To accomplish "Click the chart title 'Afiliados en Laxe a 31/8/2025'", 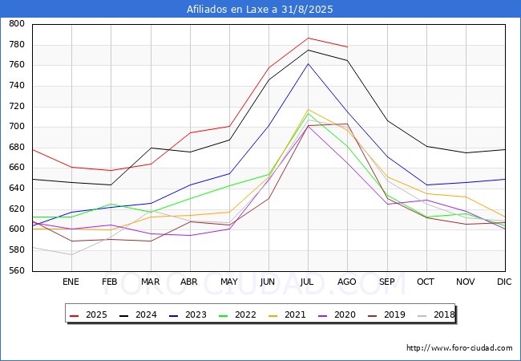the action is coord(260,9).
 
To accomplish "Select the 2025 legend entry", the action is coord(88,314).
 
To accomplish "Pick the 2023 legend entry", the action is coord(188,314).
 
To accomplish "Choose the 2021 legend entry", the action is coord(287,314).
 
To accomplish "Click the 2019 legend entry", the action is coord(386,314).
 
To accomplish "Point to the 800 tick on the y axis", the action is coord(17,23).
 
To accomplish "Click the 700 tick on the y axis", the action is coord(17,126).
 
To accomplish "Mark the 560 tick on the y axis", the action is coord(17,270).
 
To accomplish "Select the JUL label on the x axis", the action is coord(307,282).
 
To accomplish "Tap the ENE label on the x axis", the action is coord(71,282).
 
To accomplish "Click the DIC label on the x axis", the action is coord(504,282).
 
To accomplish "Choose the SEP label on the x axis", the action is coord(387,282).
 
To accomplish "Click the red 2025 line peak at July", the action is coord(309,38).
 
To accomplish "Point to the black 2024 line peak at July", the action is coord(309,51).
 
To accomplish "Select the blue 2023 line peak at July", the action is coord(309,63).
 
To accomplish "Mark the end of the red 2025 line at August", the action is coord(348,47).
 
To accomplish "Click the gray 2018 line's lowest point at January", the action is coord(71,255).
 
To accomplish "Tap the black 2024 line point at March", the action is coord(151,148).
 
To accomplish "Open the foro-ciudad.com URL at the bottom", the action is coord(459,348).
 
